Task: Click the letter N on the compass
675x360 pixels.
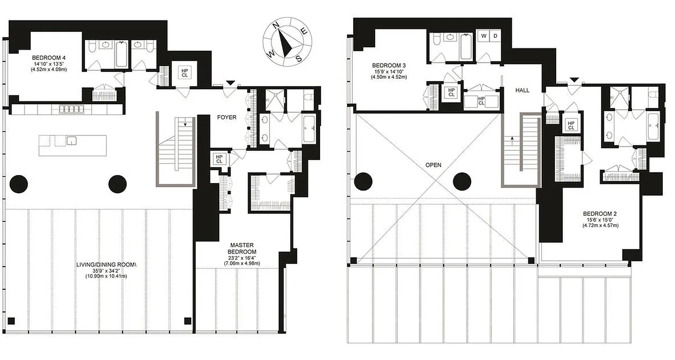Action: [x=278, y=25]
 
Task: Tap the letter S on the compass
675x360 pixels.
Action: [x=298, y=58]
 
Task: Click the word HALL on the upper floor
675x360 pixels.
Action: [x=522, y=90]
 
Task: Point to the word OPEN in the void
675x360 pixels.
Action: [x=433, y=165]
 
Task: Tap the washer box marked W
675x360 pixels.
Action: [x=484, y=36]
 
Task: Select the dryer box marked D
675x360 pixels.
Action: [x=495, y=36]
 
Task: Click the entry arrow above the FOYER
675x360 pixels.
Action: [x=230, y=83]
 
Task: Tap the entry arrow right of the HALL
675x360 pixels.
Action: [x=574, y=80]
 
